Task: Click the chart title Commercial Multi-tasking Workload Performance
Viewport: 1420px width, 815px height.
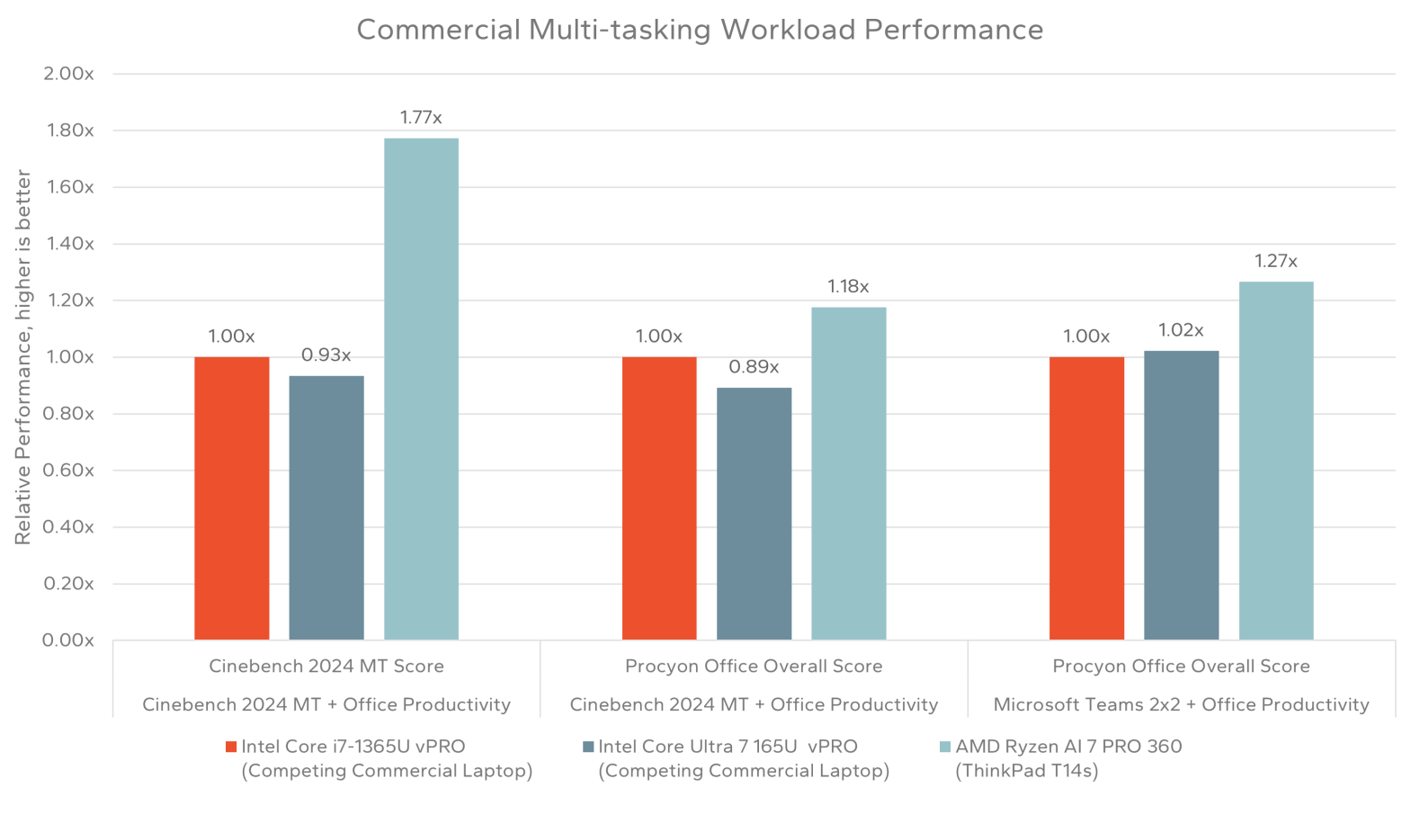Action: [x=700, y=30]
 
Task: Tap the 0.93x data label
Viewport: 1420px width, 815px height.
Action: [x=326, y=355]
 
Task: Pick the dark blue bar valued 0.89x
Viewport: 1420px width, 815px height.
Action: [x=754, y=514]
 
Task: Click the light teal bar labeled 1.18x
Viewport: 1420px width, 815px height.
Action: [x=848, y=473]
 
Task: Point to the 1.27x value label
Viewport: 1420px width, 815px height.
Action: [x=1275, y=262]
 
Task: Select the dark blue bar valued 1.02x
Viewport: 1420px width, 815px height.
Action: [x=1181, y=495]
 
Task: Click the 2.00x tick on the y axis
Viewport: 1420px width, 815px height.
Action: [x=68, y=74]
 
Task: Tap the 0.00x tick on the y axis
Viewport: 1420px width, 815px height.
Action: [x=68, y=640]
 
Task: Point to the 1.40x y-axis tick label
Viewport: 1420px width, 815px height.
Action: [x=68, y=244]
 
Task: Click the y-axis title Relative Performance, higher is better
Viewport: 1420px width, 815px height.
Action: [x=22, y=357]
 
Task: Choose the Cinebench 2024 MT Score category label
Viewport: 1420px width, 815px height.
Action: [x=326, y=667]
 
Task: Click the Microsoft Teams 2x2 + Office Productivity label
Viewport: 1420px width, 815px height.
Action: [x=1181, y=705]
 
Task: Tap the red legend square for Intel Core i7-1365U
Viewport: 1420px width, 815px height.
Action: [x=231, y=747]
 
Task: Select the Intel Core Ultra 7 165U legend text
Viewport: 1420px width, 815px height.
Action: [x=728, y=747]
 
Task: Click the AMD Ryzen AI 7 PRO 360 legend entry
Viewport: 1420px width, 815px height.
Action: [x=1068, y=747]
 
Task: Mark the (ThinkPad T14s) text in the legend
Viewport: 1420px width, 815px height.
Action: [x=1026, y=771]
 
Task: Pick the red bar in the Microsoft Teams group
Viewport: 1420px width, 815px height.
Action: [x=1086, y=498]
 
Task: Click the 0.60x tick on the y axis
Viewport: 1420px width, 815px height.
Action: [x=68, y=470]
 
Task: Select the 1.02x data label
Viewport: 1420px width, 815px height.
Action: [x=1181, y=331]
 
